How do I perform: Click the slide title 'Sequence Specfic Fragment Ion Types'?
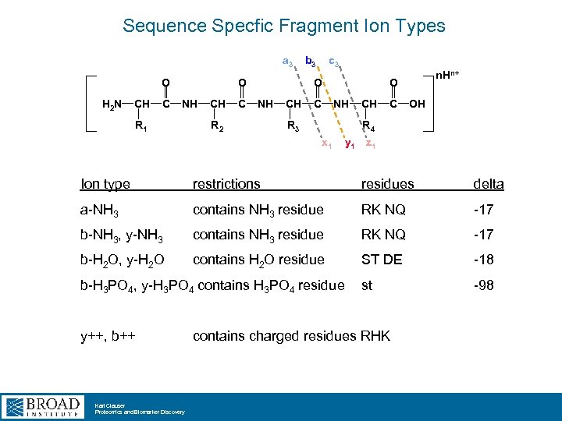[x=283, y=26]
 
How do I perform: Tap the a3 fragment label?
[x=287, y=62]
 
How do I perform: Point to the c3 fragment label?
[x=333, y=60]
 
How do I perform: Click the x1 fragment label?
[x=327, y=144]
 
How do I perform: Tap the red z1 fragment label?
[x=372, y=144]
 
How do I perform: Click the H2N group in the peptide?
[x=114, y=104]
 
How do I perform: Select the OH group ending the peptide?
[x=418, y=104]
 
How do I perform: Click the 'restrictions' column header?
[x=226, y=184]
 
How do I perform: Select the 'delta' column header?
[x=488, y=184]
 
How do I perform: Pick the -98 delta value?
[x=483, y=285]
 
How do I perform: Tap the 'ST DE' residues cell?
[x=381, y=260]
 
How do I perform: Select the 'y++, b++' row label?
[x=108, y=336]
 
